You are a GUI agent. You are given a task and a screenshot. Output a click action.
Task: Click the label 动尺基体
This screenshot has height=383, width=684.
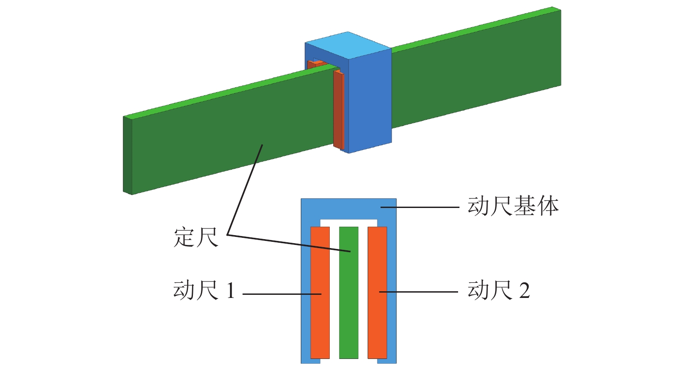click(x=513, y=206)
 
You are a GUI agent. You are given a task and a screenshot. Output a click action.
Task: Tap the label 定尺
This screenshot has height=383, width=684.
click(x=196, y=237)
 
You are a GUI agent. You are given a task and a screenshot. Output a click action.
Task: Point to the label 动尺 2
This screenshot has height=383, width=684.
click(x=499, y=290)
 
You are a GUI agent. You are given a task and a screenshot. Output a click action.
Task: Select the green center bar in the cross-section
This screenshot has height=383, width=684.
click(x=348, y=312)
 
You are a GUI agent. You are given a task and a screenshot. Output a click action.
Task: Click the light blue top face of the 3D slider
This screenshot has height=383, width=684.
click(x=348, y=45)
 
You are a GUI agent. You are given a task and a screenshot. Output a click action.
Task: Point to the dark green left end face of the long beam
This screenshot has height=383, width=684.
click(x=128, y=155)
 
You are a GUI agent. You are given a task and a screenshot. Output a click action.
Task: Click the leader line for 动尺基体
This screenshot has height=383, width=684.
click(x=423, y=207)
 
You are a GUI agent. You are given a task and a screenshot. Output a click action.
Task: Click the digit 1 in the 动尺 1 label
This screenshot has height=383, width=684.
click(x=230, y=291)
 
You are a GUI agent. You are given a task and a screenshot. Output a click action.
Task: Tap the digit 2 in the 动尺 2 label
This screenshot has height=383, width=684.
click(x=524, y=291)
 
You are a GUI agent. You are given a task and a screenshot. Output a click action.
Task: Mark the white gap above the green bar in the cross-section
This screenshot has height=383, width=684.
click(x=348, y=222)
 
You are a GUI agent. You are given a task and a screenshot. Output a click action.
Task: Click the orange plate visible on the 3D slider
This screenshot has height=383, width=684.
click(x=339, y=111)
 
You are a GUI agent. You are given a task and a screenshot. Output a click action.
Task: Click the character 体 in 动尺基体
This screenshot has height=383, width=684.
click(x=548, y=206)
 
